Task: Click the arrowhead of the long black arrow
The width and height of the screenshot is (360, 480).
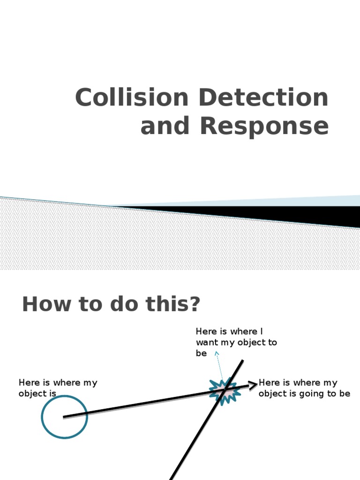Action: tap(254, 385)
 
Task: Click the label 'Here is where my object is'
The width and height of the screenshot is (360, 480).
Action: tap(58, 388)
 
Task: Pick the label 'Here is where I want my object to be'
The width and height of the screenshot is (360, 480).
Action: tap(236, 343)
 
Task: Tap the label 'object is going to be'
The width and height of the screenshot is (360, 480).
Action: tap(304, 394)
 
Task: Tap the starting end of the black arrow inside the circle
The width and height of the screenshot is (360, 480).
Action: tap(65, 417)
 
